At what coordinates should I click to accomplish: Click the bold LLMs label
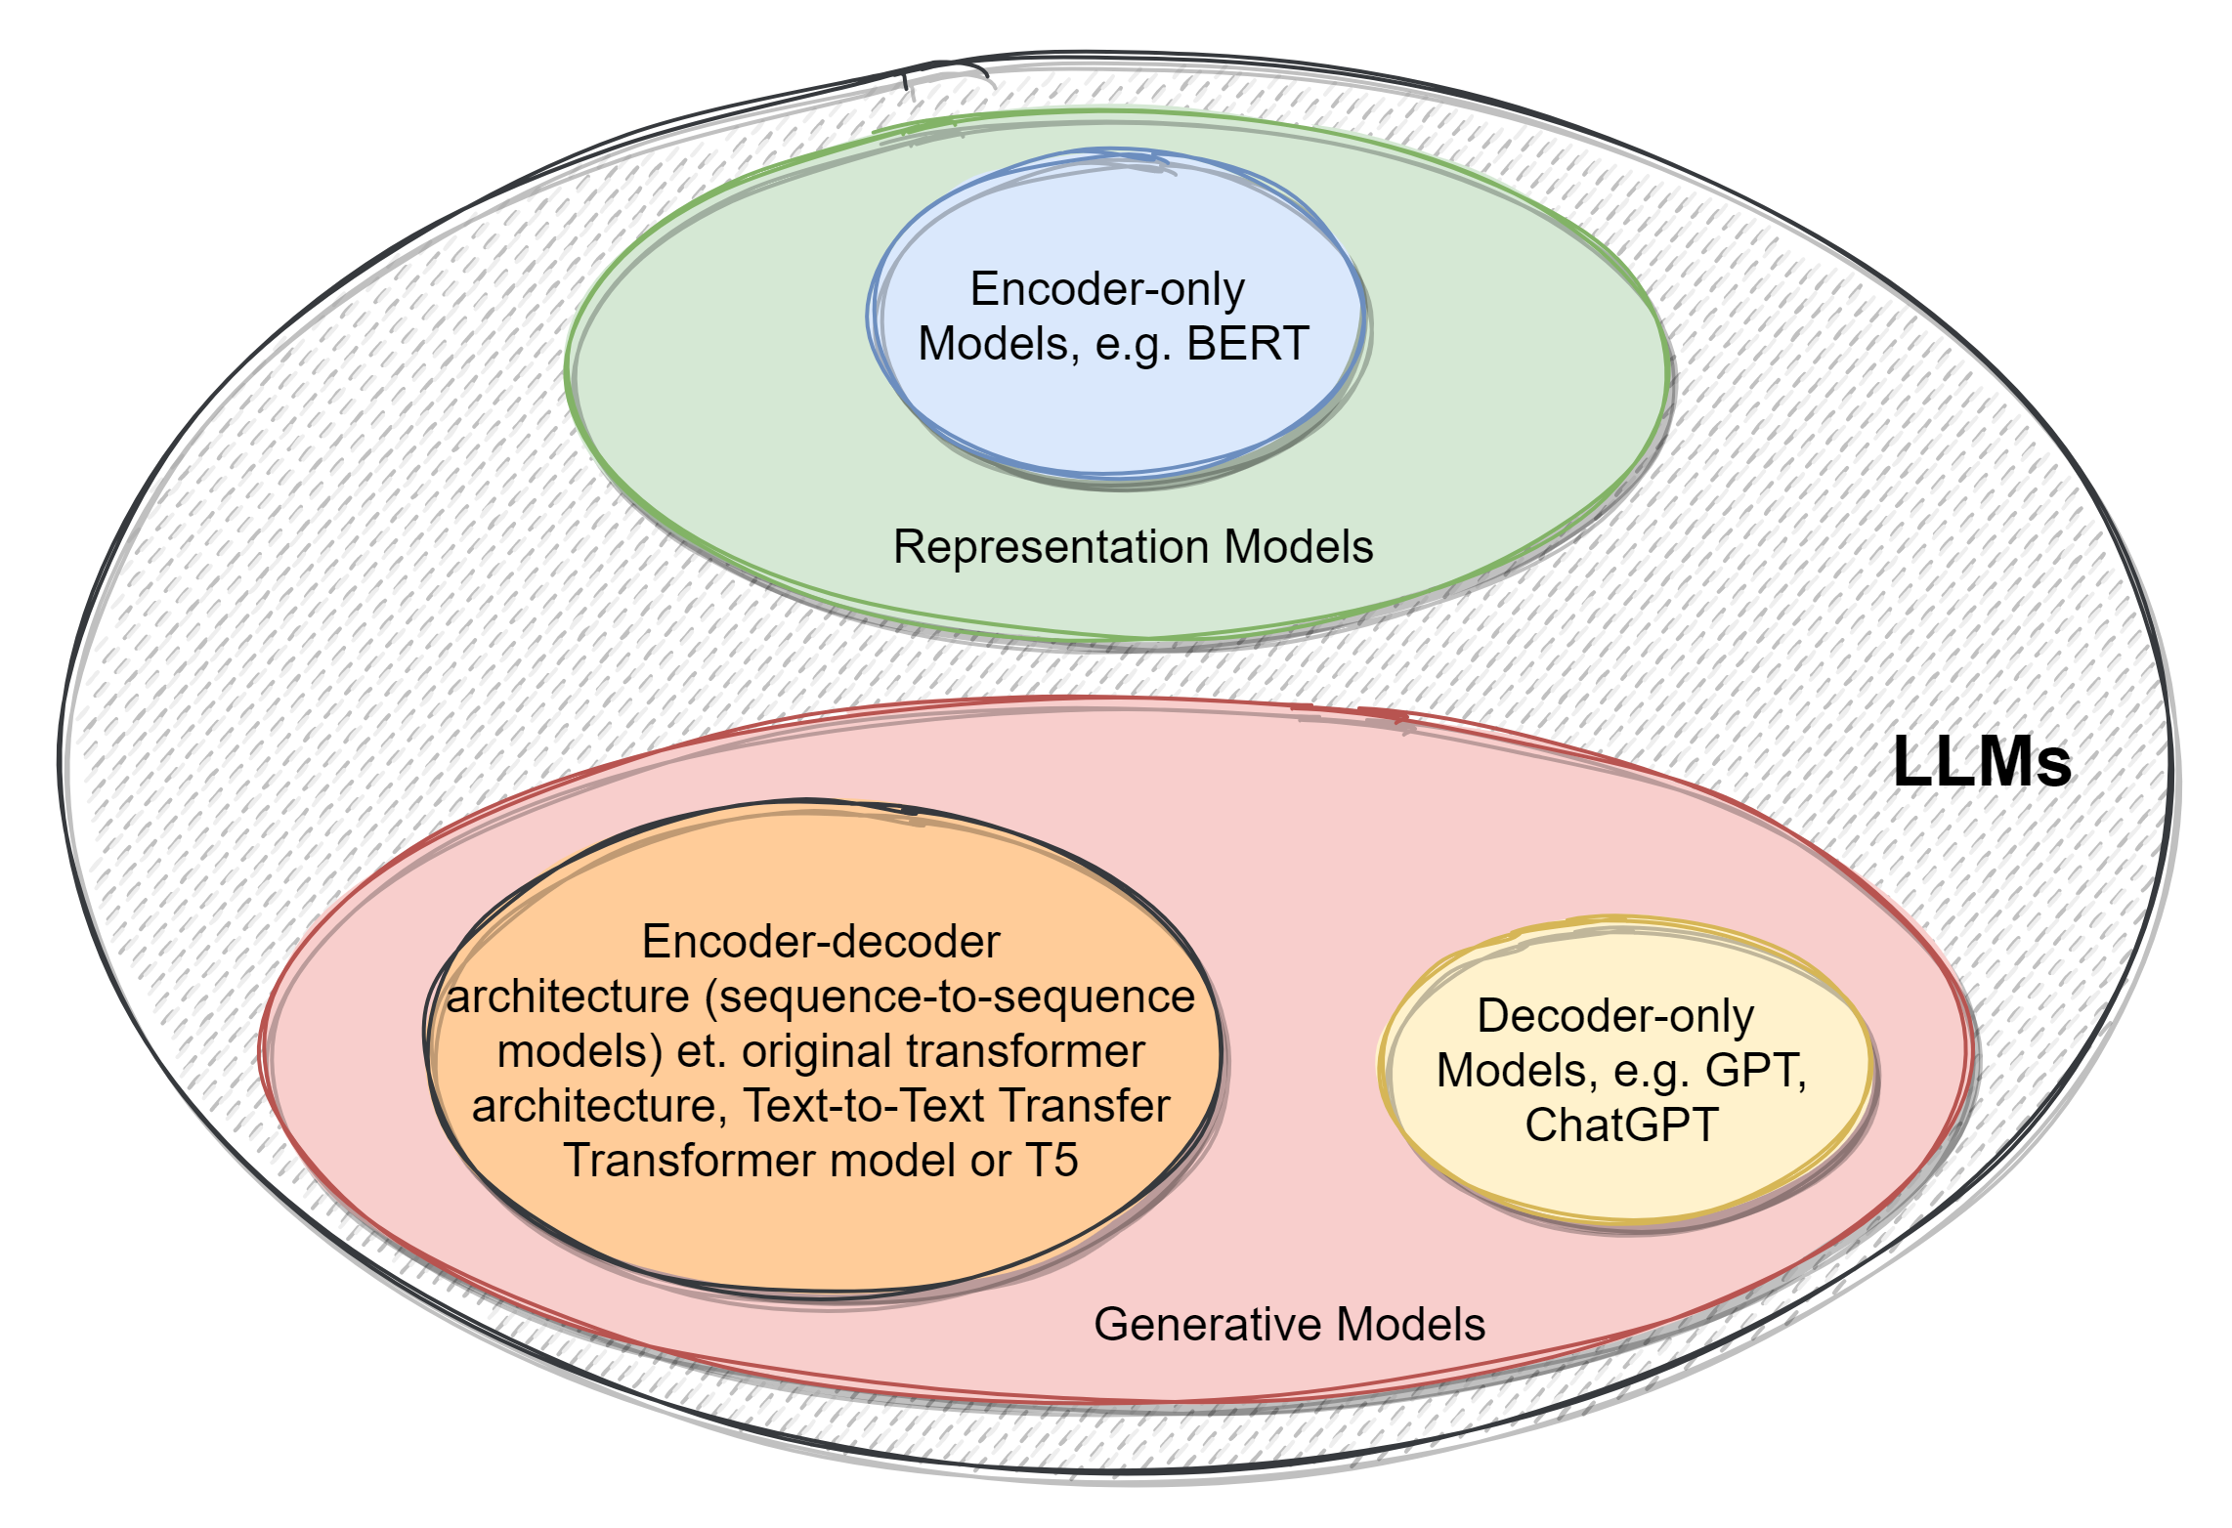point(1982,762)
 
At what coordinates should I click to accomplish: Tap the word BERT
point(1247,344)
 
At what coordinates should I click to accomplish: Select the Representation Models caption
point(1133,547)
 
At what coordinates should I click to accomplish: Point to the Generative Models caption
point(1289,1325)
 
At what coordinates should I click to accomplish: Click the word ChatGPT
point(1621,1125)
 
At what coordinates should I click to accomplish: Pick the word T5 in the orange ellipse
point(1052,1161)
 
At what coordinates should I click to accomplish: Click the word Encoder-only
point(1107,289)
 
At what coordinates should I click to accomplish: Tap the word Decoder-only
point(1615,1016)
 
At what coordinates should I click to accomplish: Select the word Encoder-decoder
point(821,942)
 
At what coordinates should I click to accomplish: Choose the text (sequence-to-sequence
point(949,997)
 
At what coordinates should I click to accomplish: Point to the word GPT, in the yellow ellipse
point(1755,1071)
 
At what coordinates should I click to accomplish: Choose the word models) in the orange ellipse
point(580,1051)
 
